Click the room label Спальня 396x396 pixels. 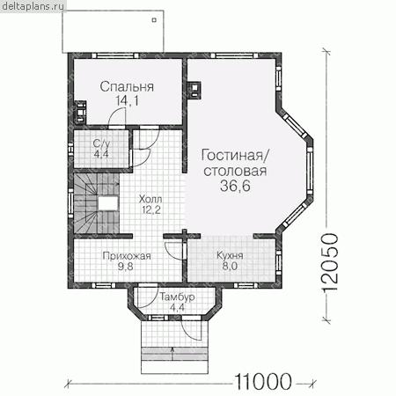pyautogui.click(x=127, y=87)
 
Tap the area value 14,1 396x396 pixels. pyautogui.click(x=128, y=100)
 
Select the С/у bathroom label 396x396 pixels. pyautogui.click(x=101, y=144)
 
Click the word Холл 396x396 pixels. pyautogui.click(x=150, y=199)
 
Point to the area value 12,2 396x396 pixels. pyautogui.click(x=150, y=209)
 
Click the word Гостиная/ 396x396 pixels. pyautogui.click(x=233, y=156)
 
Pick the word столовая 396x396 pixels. pyautogui.click(x=235, y=171)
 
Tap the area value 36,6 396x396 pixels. pyautogui.click(x=235, y=186)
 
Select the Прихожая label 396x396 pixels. pyautogui.click(x=127, y=256)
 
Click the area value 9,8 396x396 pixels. pyautogui.click(x=125, y=267)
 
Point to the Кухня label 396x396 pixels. pyautogui.click(x=230, y=256)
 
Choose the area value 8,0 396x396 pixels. pyautogui.click(x=230, y=266)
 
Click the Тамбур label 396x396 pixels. pyautogui.click(x=177, y=297)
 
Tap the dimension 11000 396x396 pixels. pyautogui.click(x=263, y=382)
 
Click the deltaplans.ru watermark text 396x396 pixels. pyautogui.click(x=33, y=6)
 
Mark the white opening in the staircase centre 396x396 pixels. pyautogui.click(x=108, y=203)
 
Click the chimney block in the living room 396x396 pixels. pyautogui.click(x=194, y=90)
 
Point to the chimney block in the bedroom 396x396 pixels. pyautogui.click(x=80, y=112)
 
